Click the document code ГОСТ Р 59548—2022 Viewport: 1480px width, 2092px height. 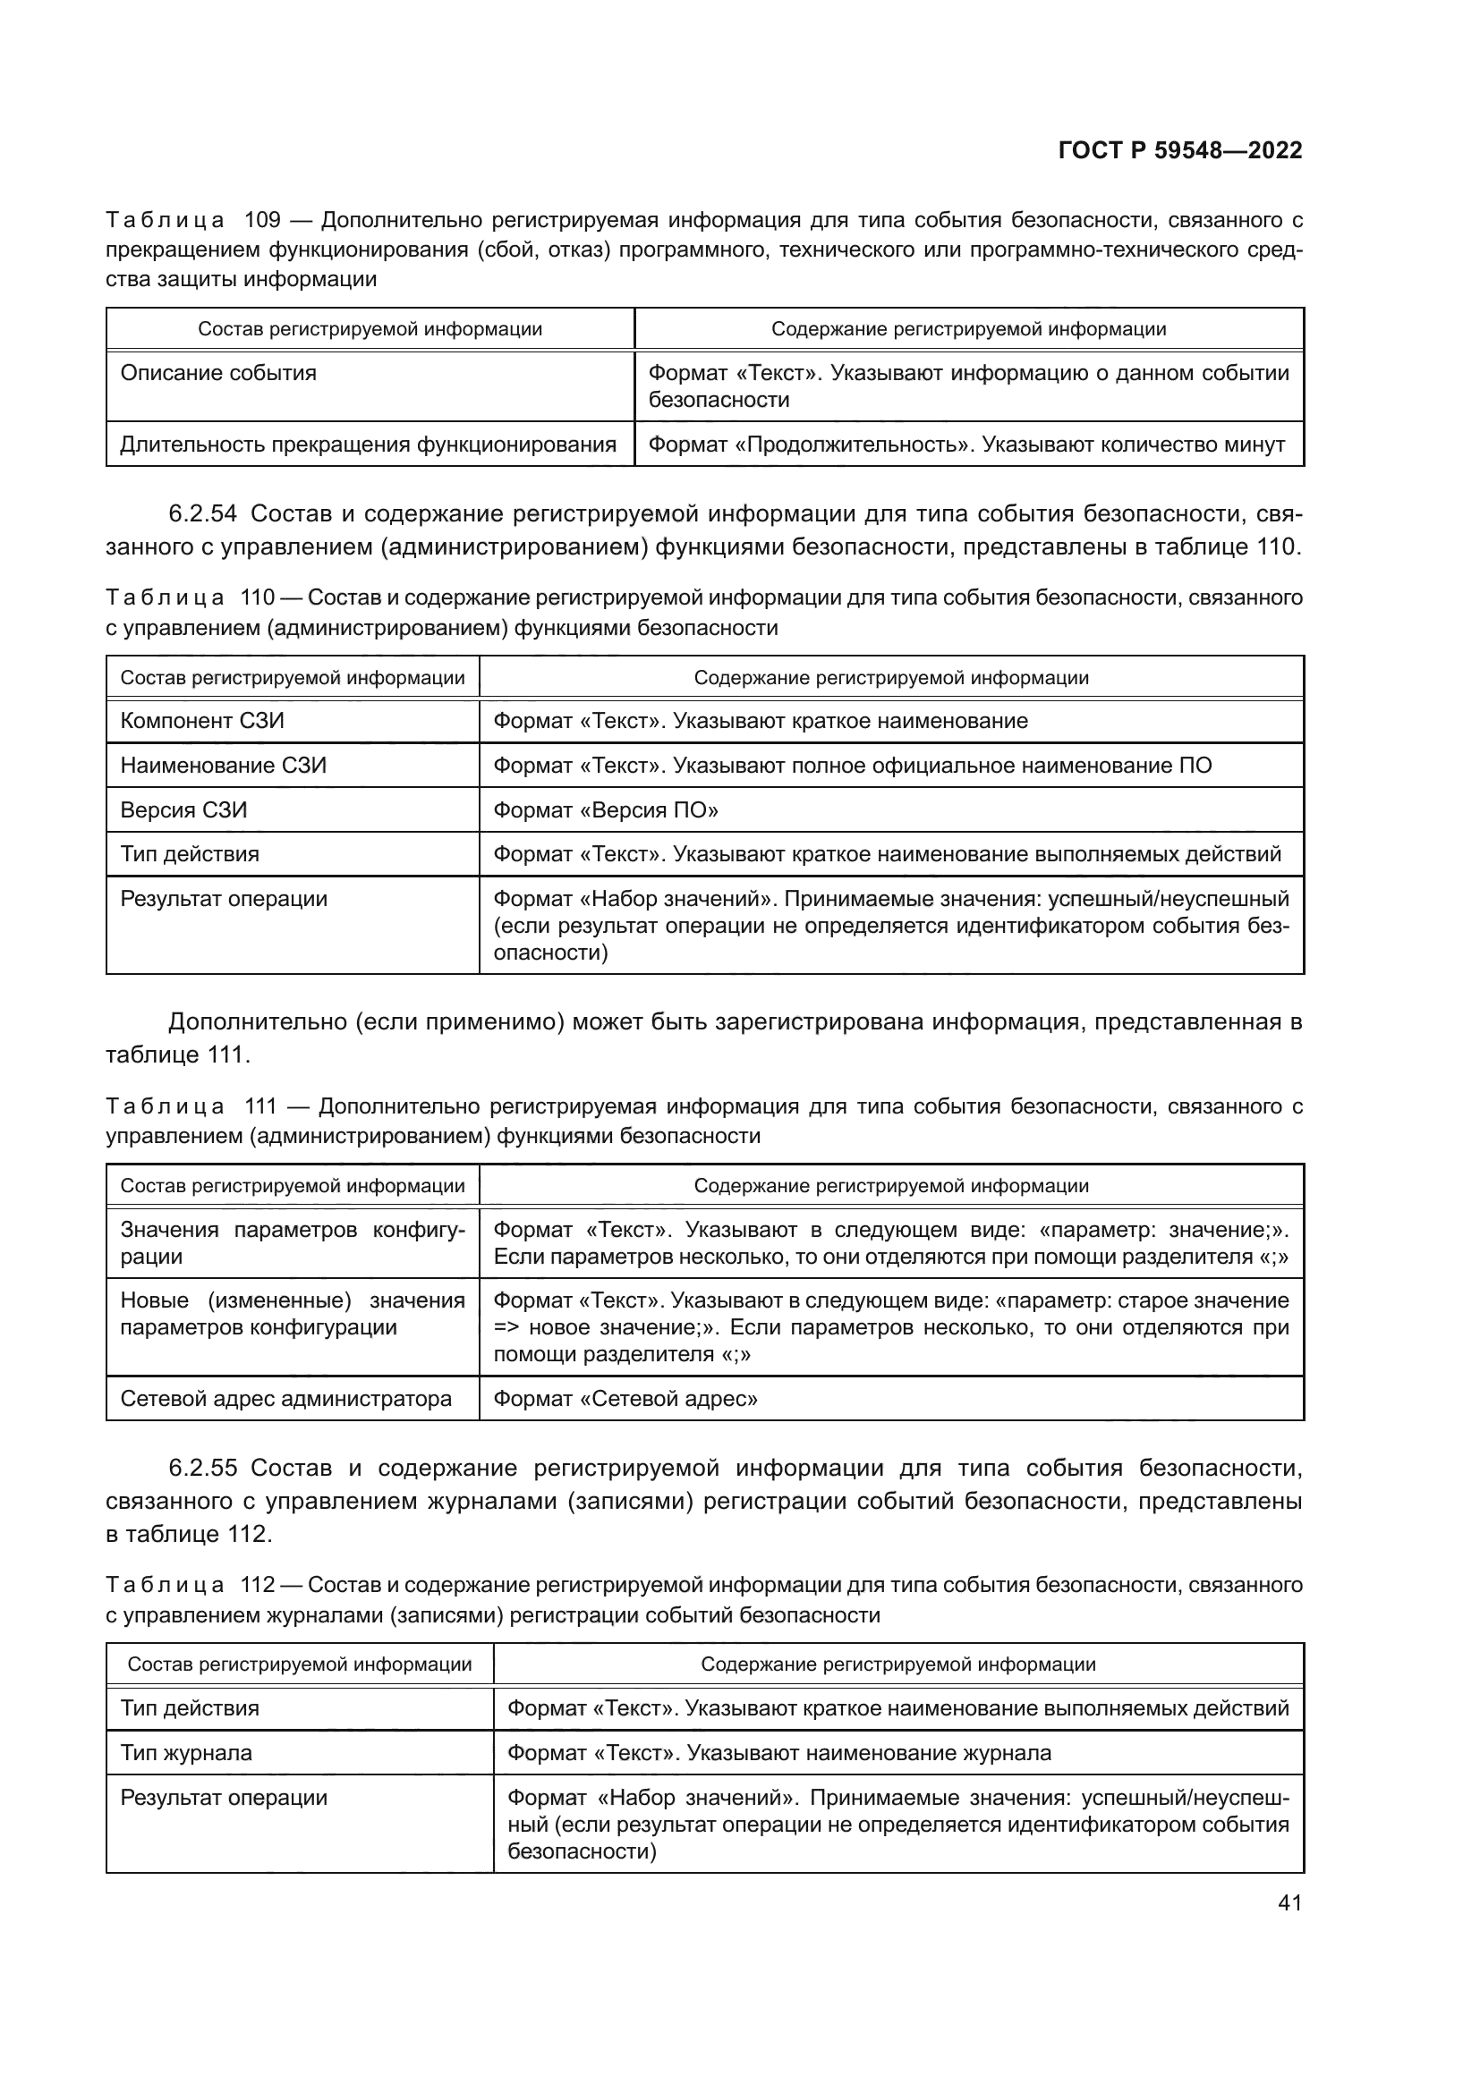tap(1180, 150)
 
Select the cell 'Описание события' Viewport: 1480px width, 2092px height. tap(218, 373)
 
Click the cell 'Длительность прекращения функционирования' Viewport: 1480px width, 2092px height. tap(368, 445)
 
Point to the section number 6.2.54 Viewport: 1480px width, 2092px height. tap(202, 514)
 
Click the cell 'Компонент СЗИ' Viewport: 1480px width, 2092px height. tap(202, 721)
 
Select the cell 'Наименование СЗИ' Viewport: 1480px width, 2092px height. tap(224, 766)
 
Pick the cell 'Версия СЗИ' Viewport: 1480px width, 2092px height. tap(184, 810)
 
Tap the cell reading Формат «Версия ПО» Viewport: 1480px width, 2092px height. tap(605, 810)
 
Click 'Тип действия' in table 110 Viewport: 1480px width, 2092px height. tap(190, 854)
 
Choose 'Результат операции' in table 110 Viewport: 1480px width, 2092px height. tap(224, 898)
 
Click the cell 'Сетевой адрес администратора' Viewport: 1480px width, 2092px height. tap(286, 1399)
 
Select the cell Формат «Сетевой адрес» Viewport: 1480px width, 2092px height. tap(625, 1399)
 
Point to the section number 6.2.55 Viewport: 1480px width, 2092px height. tap(202, 1468)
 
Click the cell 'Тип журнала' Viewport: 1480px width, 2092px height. tap(186, 1753)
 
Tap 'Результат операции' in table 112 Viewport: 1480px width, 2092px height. tap(224, 1798)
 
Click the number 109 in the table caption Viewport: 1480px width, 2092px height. tap(262, 220)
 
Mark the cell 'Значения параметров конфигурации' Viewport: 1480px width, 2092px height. tap(292, 1243)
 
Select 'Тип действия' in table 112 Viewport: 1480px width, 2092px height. tap(190, 1708)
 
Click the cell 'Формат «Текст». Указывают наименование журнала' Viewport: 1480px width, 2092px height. tap(778, 1753)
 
